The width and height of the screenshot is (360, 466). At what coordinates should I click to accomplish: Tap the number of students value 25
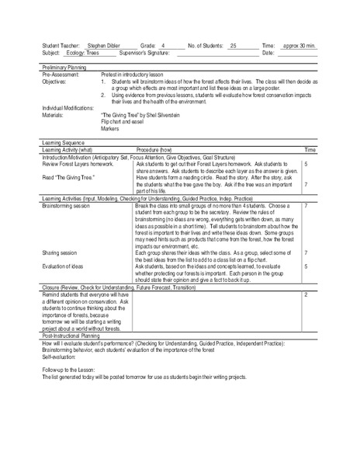click(x=233, y=47)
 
